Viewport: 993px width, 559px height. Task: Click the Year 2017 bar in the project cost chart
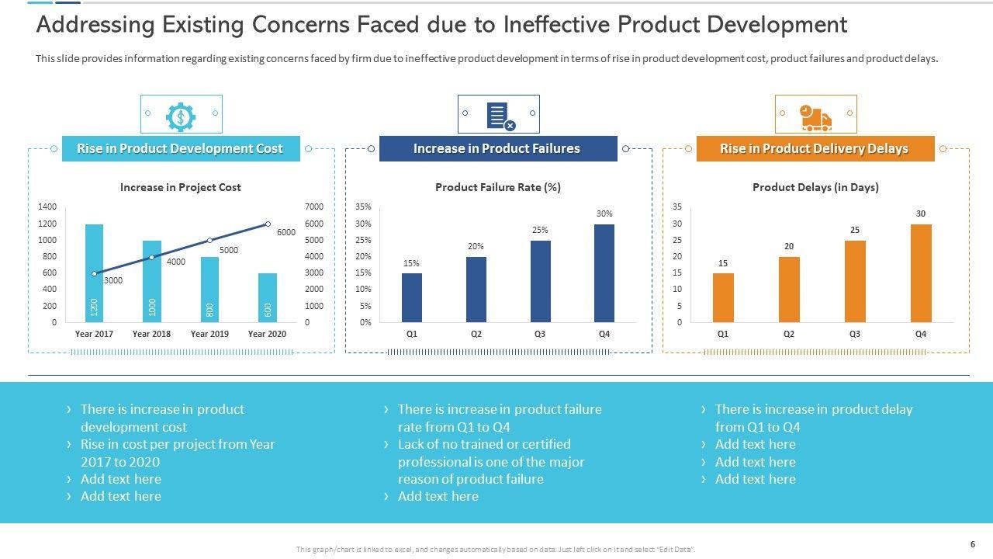pos(94,273)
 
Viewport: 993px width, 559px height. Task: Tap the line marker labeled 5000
pos(209,241)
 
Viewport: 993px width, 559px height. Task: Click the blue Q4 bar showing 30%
pos(604,273)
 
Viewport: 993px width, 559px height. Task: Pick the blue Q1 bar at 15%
pos(412,297)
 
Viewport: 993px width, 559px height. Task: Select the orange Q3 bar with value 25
pos(855,281)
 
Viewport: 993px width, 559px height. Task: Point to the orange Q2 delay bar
pos(789,289)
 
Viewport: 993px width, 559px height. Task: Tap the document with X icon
pos(499,115)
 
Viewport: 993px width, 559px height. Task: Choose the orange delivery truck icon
pos(815,116)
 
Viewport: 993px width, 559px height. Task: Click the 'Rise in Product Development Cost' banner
pos(180,148)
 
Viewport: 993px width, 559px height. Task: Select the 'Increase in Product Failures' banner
pos(497,148)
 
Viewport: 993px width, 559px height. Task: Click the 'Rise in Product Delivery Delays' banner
pos(815,148)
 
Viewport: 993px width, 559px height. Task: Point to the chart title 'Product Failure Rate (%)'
pos(498,187)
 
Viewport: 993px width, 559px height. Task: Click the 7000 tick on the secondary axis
pos(313,207)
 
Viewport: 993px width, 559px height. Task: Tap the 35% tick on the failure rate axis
pos(363,207)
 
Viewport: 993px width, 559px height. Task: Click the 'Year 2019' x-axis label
pos(209,334)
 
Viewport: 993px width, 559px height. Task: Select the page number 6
pos(973,544)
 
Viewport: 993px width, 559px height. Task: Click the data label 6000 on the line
pos(286,232)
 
